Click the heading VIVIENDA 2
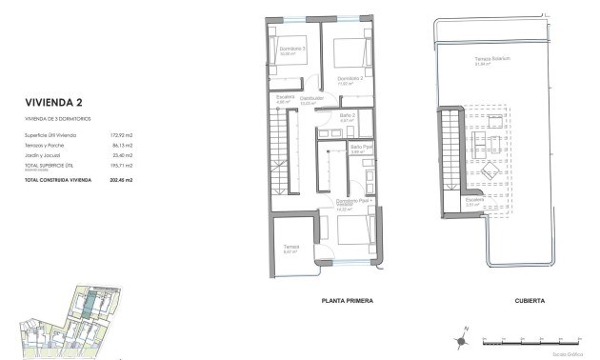[52, 103]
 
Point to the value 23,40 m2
[120, 154]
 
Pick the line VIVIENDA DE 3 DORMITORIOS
[61, 118]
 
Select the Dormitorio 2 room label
[350, 79]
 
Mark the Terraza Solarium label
[494, 59]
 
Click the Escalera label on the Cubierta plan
[474, 200]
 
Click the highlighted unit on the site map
[88, 306]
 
